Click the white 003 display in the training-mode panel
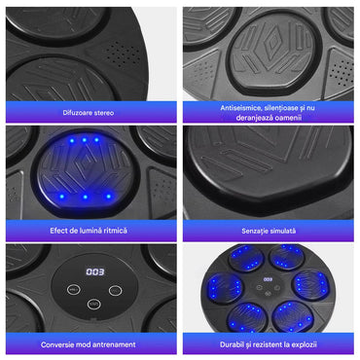point(95,271)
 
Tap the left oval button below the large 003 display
point(74,289)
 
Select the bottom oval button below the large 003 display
point(94,304)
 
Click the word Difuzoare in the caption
point(76,113)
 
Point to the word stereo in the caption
point(103,113)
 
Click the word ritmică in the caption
point(115,231)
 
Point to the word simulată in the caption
point(283,231)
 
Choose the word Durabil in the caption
point(232,344)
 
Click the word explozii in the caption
point(304,344)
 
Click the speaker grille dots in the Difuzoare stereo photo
point(124,54)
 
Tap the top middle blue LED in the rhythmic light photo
point(84,140)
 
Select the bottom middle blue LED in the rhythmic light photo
point(85,197)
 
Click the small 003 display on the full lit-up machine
point(268,279)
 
